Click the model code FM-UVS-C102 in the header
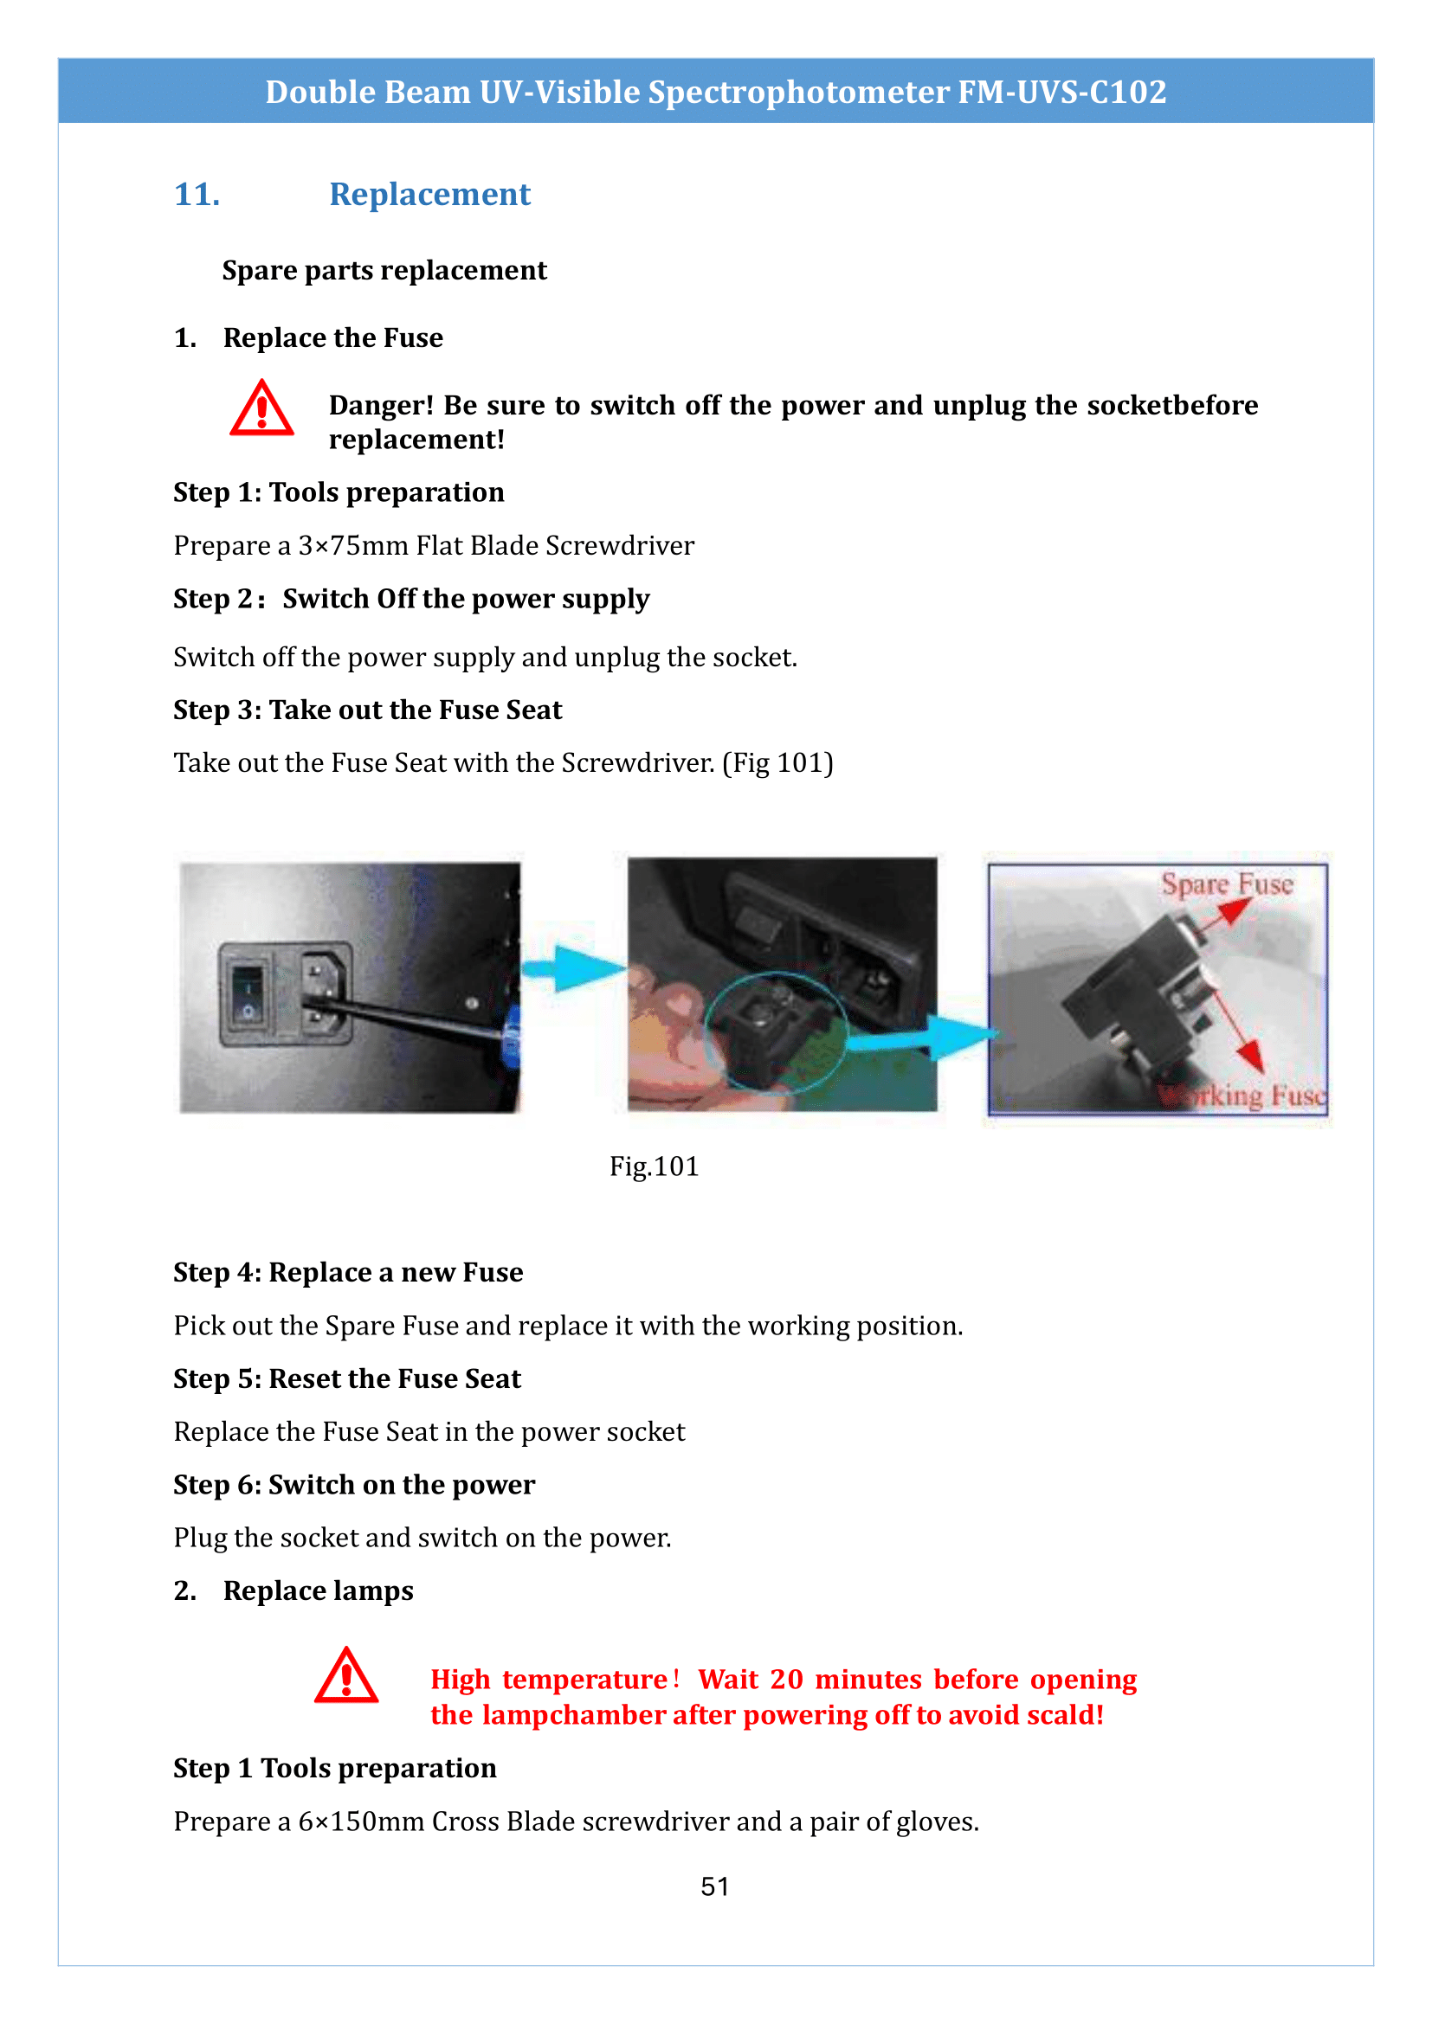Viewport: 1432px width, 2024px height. pos(1061,92)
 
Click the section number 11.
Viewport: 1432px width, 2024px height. pos(197,195)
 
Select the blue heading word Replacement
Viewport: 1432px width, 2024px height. pos(429,195)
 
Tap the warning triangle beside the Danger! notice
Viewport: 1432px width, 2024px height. pos(261,410)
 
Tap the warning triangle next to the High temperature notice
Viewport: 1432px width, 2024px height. pos(345,1676)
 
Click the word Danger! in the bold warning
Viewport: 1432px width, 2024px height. pos(381,406)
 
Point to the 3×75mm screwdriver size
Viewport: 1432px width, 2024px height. pos(352,546)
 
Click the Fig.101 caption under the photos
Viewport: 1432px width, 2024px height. pos(654,1166)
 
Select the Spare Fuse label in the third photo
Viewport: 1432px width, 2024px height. pos(1227,884)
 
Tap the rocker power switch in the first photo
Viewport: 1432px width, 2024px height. pos(248,994)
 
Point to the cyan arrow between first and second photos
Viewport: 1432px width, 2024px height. pos(573,968)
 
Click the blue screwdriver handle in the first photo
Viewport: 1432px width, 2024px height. pos(513,1035)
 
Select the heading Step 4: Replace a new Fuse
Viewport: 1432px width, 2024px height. pos(348,1272)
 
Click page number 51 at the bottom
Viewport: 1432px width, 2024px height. pos(714,1886)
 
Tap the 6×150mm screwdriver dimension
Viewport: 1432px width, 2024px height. pos(362,1822)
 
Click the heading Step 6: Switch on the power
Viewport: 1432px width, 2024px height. pos(353,1485)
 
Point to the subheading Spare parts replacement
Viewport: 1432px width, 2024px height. pos(384,271)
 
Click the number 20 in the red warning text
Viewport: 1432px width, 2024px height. pos(785,1680)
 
